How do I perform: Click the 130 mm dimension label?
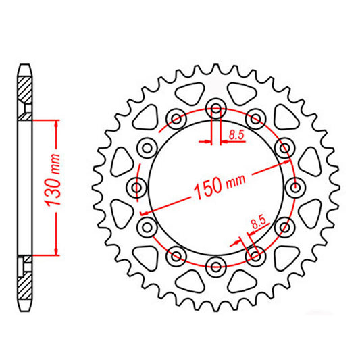click(x=53, y=180)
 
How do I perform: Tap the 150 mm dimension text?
click(x=220, y=186)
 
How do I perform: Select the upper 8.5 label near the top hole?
click(x=236, y=135)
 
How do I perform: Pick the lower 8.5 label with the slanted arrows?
click(x=259, y=222)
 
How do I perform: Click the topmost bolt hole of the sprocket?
click(x=216, y=109)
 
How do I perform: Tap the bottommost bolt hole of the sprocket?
click(x=216, y=266)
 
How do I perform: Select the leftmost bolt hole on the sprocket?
click(x=136, y=188)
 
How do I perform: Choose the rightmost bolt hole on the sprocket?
click(x=295, y=188)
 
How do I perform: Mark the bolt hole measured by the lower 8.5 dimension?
click(x=255, y=256)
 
